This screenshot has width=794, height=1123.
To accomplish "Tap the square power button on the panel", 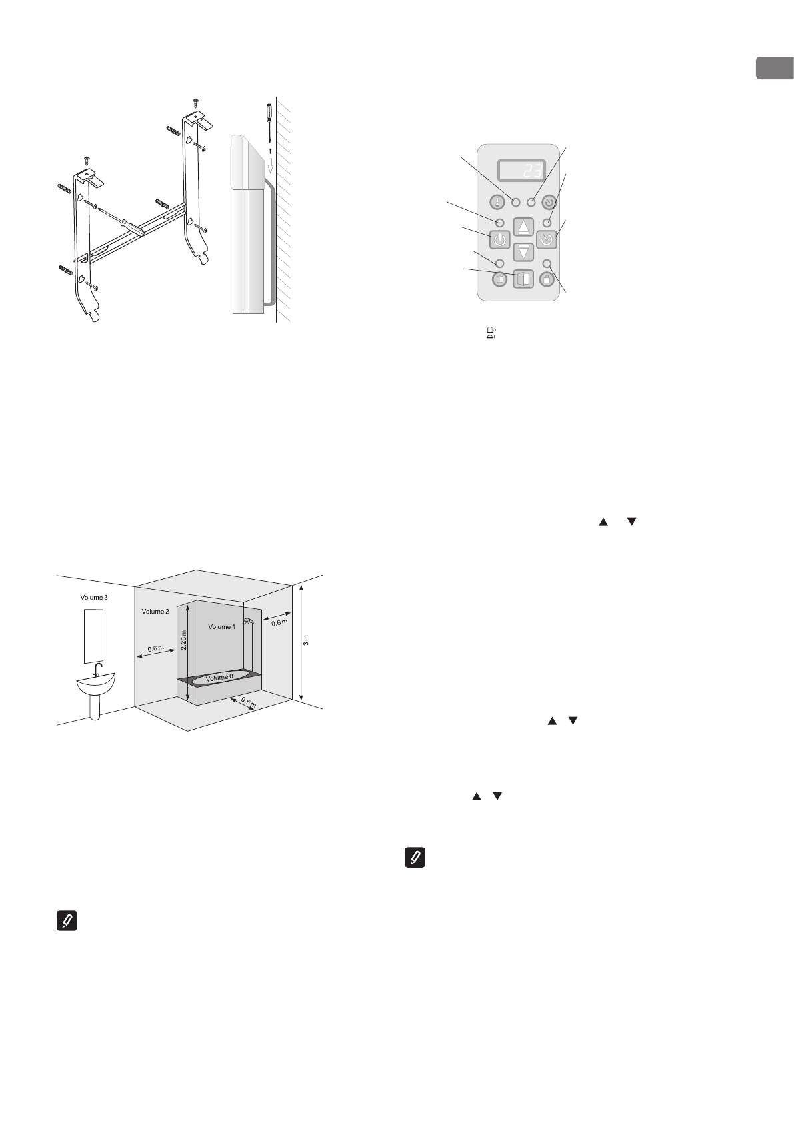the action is tap(501, 239).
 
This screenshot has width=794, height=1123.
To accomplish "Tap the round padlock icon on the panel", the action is tap(547, 279).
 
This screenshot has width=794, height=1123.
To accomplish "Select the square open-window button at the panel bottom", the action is tap(523, 279).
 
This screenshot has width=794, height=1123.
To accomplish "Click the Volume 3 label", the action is tap(93, 597).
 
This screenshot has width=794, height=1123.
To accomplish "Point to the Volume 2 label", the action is tap(156, 611).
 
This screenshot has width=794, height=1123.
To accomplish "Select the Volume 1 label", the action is tap(221, 626).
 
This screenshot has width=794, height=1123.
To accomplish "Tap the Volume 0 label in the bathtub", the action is tap(219, 678).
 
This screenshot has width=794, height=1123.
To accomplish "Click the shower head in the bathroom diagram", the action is tap(248, 621).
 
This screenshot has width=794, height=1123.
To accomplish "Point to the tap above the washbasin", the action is tap(97, 669).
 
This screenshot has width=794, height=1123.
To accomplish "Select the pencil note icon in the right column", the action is tap(415, 858).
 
